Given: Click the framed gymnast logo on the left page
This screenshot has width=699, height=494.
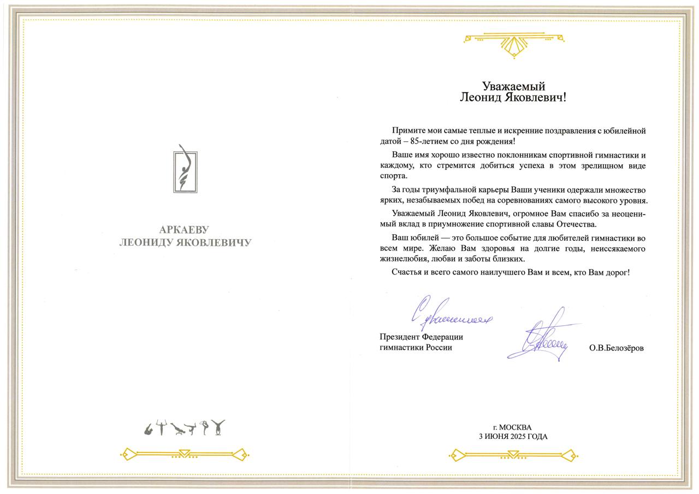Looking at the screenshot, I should pyautogui.click(x=186, y=169).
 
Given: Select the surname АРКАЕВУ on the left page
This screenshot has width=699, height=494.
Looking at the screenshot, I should pyautogui.click(x=185, y=230).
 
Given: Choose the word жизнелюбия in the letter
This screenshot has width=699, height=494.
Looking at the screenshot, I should pyautogui.click(x=404, y=259).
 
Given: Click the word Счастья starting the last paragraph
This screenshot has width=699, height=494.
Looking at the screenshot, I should pyautogui.click(x=407, y=272).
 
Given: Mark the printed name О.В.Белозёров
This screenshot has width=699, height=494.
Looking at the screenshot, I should pyautogui.click(x=616, y=348).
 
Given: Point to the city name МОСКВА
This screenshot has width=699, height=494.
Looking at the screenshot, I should pyautogui.click(x=515, y=427).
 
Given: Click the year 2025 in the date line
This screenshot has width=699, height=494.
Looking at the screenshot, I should pyautogui.click(x=519, y=437).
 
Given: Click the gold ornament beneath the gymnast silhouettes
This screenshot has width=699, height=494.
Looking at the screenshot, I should pyautogui.click(x=185, y=454).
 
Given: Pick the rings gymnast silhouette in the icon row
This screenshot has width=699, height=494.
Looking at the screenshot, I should pyautogui.click(x=161, y=428).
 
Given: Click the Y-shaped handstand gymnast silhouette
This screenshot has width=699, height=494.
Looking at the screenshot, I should pyautogui.click(x=218, y=427).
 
